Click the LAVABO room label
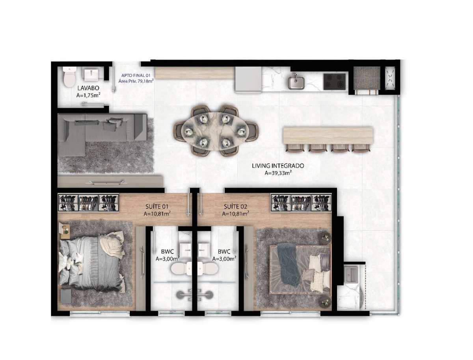tap(88, 88)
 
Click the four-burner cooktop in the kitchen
tap(335, 82)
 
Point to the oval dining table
tap(215, 131)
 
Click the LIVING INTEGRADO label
tap(278, 166)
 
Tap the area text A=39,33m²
tap(278, 173)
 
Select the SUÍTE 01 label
tap(156, 206)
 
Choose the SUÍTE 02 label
tap(235, 206)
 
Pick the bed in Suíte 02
tap(300, 269)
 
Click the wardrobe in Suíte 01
tap(88, 203)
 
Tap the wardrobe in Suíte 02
tap(301, 203)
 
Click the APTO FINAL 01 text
tap(136, 75)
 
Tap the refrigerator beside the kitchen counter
tap(248, 80)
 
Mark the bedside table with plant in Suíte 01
tap(65, 231)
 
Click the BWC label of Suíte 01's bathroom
tap(167, 252)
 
